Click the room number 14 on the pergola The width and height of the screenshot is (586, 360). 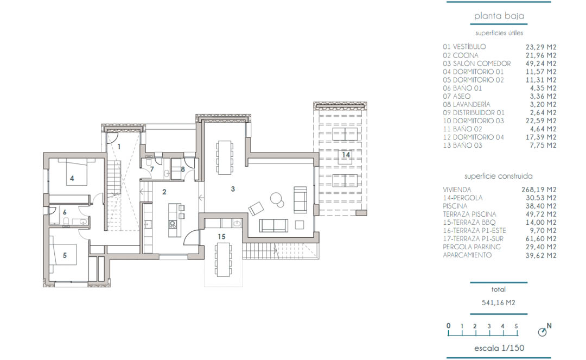(x=346, y=155)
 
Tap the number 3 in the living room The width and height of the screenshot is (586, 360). (x=233, y=189)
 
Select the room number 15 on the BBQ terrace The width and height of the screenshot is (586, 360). (x=221, y=237)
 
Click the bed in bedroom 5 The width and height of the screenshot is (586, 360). (x=63, y=255)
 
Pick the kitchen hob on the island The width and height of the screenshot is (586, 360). (x=173, y=224)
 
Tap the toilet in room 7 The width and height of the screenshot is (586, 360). (x=149, y=162)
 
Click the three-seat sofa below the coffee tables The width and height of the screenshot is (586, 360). (x=273, y=225)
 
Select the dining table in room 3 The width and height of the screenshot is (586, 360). (x=225, y=157)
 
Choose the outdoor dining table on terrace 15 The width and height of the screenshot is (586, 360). (x=224, y=260)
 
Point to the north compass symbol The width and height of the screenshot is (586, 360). (x=544, y=330)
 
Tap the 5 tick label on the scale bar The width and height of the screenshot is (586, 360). (x=516, y=326)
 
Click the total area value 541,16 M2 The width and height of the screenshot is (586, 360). (x=499, y=303)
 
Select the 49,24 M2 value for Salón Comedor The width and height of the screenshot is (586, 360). (x=541, y=64)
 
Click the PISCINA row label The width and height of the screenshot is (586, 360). (x=455, y=206)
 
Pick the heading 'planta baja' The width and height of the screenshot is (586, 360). (x=499, y=16)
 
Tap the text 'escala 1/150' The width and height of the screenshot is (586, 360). (x=499, y=348)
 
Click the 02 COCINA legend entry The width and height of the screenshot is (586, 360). (x=461, y=55)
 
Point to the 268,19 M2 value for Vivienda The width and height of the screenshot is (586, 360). (x=539, y=190)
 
